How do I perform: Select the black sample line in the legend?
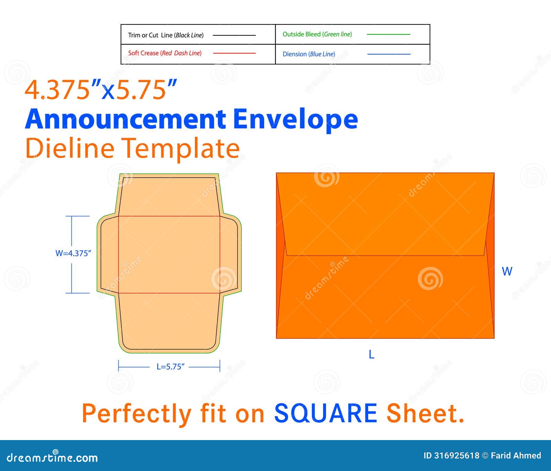[234, 35]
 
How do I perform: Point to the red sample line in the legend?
[235, 53]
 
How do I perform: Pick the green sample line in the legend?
[388, 34]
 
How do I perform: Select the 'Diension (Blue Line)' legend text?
[309, 54]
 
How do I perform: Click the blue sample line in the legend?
[389, 54]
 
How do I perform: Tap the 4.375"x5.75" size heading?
[101, 90]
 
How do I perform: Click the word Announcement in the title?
[125, 119]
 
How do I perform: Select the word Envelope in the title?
[295, 119]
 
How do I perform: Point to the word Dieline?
[70, 148]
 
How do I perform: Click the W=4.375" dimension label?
[73, 253]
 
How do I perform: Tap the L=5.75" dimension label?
[170, 367]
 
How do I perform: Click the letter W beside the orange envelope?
[507, 271]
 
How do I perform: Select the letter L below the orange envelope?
[371, 354]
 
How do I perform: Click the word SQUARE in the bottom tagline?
[326, 413]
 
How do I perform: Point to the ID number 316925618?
[456, 456]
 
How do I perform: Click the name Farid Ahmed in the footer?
[516, 456]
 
